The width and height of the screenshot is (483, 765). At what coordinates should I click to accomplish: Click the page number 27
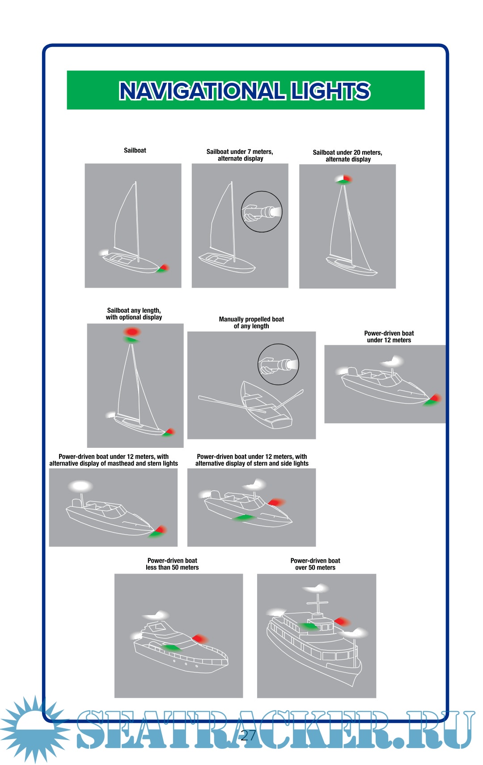(248, 735)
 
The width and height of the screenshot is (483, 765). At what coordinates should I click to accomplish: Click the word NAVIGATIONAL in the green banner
(202, 91)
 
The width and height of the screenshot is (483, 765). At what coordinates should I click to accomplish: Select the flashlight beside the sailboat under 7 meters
(262, 212)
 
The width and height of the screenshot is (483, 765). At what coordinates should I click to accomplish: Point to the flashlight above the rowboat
(278, 365)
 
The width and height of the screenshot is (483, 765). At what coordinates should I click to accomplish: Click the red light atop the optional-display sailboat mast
(132, 332)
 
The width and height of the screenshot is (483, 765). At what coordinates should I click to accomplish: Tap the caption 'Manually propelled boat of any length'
(251, 323)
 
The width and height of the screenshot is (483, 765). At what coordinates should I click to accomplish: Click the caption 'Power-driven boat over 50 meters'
(315, 564)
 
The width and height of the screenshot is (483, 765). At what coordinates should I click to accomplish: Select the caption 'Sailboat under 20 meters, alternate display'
(347, 156)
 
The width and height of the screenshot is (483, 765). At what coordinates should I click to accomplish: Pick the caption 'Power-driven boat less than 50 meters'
(172, 564)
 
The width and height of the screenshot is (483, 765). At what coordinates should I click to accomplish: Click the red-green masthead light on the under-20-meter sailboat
(344, 180)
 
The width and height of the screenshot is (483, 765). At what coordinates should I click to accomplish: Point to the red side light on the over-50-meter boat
(342, 621)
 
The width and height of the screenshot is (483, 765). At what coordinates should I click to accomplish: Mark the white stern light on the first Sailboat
(104, 253)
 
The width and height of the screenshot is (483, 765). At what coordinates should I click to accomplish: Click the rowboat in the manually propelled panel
(265, 405)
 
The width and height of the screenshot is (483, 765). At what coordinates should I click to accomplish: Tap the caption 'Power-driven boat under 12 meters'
(389, 337)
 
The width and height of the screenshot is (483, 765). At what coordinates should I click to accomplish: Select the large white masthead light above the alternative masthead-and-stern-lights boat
(80, 486)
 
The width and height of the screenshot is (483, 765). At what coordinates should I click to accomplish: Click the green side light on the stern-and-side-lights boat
(244, 518)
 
